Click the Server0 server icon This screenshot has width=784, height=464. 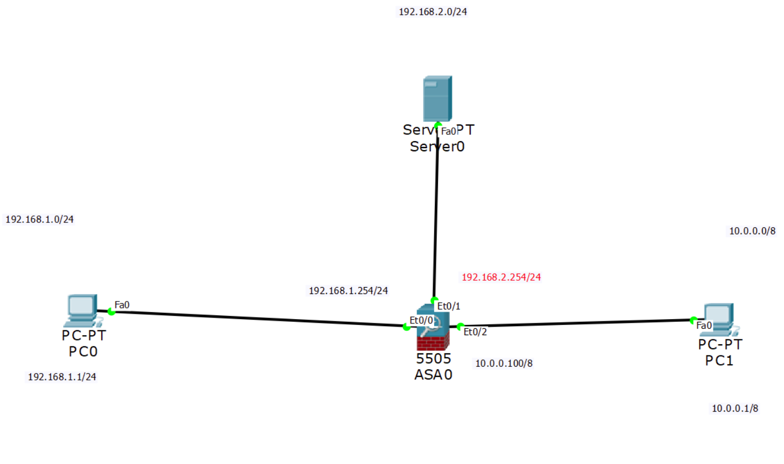[437, 98]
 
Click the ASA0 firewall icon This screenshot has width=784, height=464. [433, 328]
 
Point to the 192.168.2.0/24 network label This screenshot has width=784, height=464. [433, 12]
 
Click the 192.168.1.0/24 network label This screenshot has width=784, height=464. [40, 219]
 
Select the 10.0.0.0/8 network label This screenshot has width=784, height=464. [752, 231]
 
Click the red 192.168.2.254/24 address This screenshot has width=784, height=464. [501, 277]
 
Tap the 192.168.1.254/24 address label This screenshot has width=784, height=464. [348, 291]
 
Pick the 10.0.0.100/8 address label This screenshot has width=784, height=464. [504, 364]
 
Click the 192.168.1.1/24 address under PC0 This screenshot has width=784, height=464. [62, 377]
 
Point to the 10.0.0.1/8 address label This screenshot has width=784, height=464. [734, 408]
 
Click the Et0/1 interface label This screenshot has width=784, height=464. [448, 306]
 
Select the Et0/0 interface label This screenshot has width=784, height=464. [421, 320]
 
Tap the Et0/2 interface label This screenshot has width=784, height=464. [475, 332]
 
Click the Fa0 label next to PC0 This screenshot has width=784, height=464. [122, 305]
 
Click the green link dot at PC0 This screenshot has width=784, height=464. [111, 312]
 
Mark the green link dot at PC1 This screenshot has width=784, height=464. [693, 320]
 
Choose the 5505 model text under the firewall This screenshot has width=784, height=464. [433, 358]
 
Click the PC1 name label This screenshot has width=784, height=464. [719, 361]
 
